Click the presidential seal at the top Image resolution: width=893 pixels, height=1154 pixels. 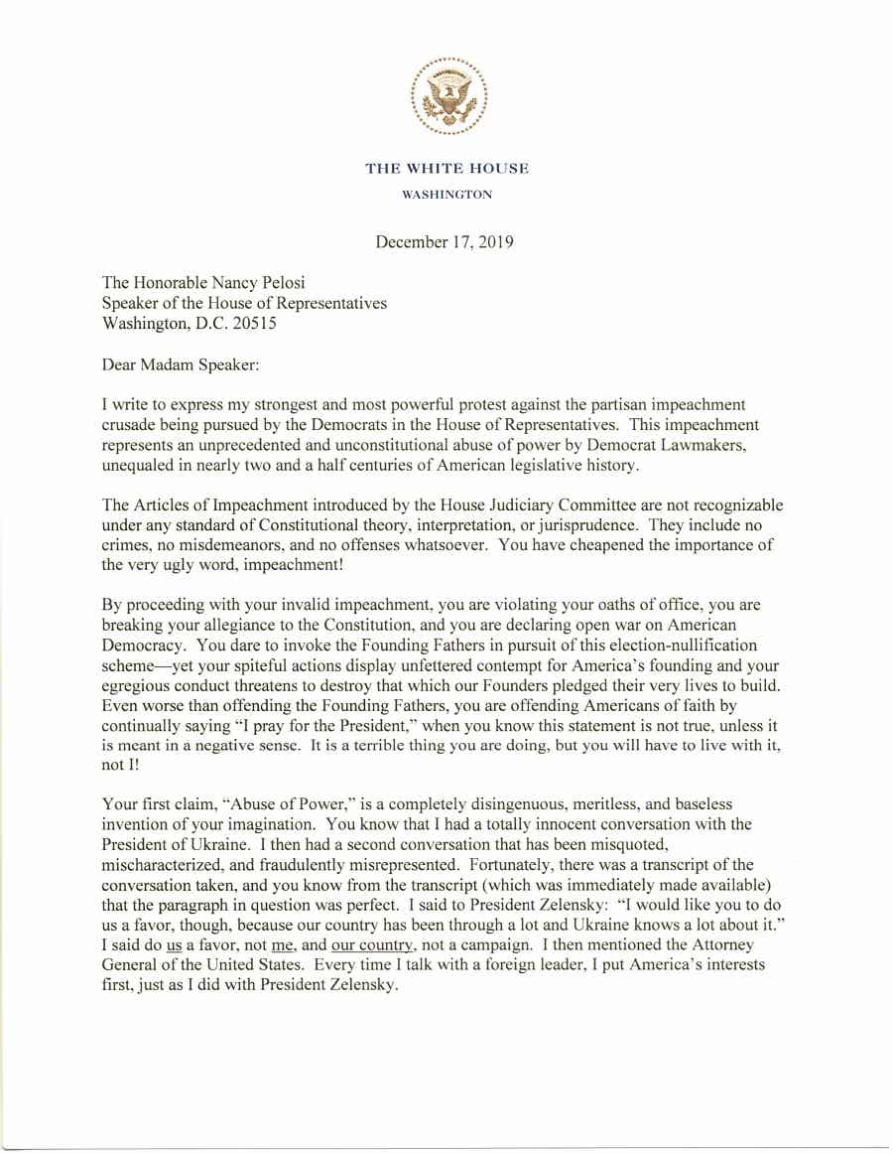click(x=447, y=97)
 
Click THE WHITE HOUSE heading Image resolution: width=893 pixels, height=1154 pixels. click(x=446, y=169)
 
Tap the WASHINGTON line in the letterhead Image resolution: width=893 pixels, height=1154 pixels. click(x=446, y=195)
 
